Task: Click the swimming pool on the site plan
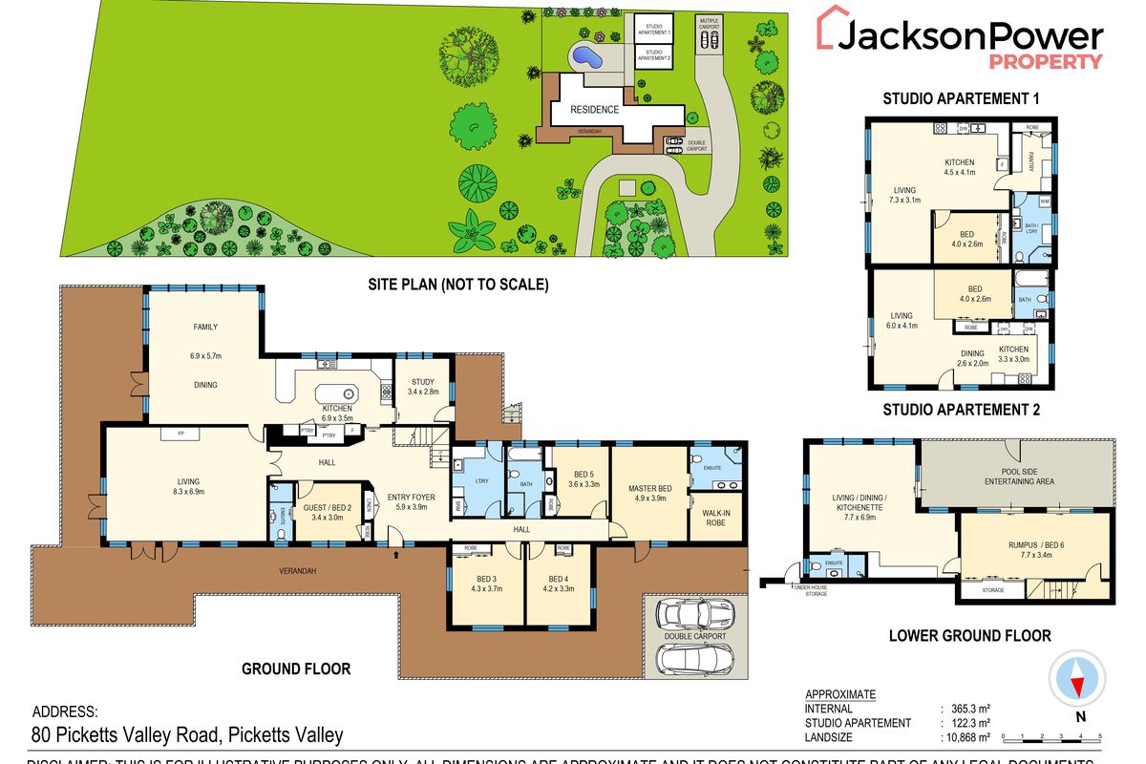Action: click(585, 58)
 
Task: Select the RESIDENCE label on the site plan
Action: click(595, 109)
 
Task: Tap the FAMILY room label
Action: click(205, 328)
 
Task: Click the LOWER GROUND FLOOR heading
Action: click(969, 635)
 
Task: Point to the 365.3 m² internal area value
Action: click(971, 709)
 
